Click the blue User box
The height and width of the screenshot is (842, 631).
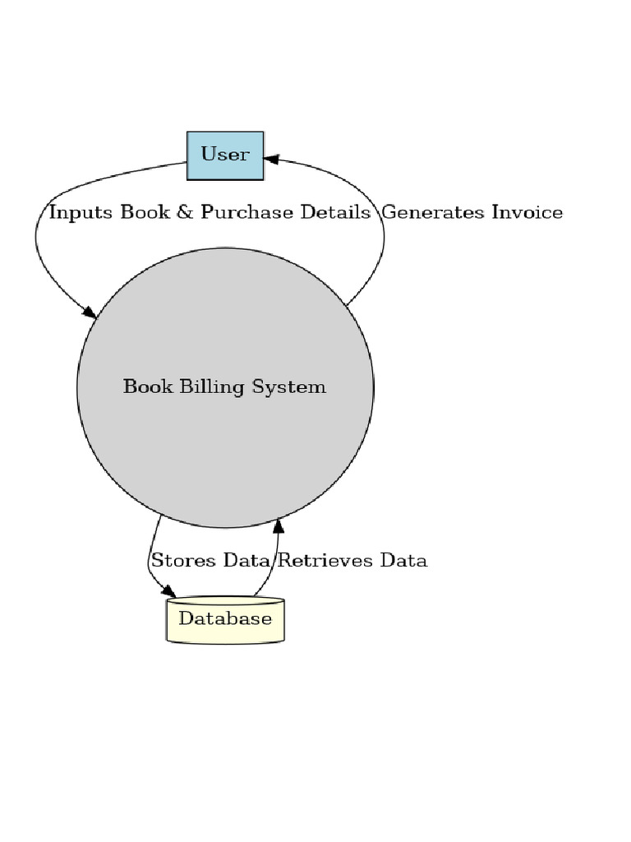(225, 155)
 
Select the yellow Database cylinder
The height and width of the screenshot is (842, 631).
(225, 620)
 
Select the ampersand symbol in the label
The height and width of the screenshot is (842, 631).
(186, 213)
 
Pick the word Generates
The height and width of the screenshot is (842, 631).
(433, 213)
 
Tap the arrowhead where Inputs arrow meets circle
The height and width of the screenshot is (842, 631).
(89, 312)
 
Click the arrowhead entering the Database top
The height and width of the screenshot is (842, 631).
(168, 591)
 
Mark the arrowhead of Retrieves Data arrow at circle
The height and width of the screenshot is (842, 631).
(279, 525)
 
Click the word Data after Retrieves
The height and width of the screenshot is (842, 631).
(403, 561)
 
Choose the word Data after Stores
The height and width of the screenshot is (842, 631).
(247, 561)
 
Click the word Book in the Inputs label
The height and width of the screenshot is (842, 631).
(145, 213)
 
